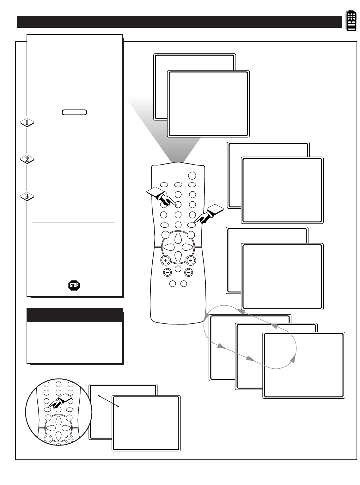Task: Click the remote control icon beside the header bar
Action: pos(351,21)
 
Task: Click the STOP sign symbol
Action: pos(74,285)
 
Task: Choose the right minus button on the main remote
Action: pos(188,272)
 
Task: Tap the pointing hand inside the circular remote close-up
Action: pos(59,402)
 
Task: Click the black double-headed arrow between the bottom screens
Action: pos(109,401)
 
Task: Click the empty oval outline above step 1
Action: pos(75,112)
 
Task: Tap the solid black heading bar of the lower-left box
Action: pos(75,315)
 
